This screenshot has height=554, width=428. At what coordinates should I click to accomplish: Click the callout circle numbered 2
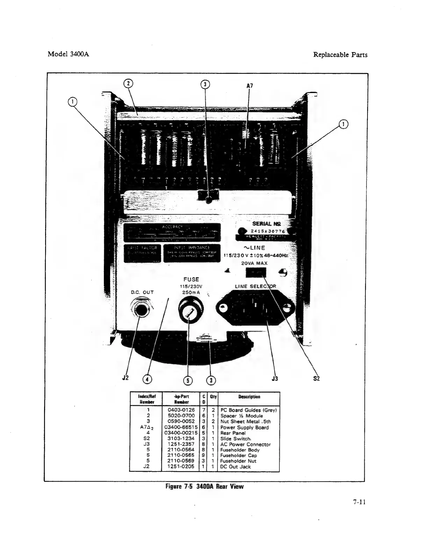click(128, 83)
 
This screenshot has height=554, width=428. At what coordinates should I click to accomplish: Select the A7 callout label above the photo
click(250, 86)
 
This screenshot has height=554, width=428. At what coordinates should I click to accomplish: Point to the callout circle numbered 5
click(188, 380)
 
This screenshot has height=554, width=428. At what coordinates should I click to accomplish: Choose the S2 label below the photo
click(316, 378)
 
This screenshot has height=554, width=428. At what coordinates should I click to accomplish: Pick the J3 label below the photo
click(275, 378)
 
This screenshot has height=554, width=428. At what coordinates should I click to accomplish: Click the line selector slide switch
click(256, 272)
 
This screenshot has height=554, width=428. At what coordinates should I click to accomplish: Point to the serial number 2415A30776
click(267, 232)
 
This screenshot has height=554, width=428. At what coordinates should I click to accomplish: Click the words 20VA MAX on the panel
click(254, 263)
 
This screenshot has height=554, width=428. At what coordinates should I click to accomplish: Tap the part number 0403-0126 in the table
click(181, 410)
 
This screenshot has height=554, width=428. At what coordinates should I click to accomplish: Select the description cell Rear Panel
click(232, 433)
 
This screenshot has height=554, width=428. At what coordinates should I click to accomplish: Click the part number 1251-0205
click(181, 467)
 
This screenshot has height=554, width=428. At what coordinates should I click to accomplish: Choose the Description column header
click(249, 397)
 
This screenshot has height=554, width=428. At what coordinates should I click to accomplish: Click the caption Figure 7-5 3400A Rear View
click(204, 486)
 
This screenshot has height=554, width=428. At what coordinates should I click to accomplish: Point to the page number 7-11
click(359, 502)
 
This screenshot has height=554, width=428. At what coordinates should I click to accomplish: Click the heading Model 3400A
click(68, 55)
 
